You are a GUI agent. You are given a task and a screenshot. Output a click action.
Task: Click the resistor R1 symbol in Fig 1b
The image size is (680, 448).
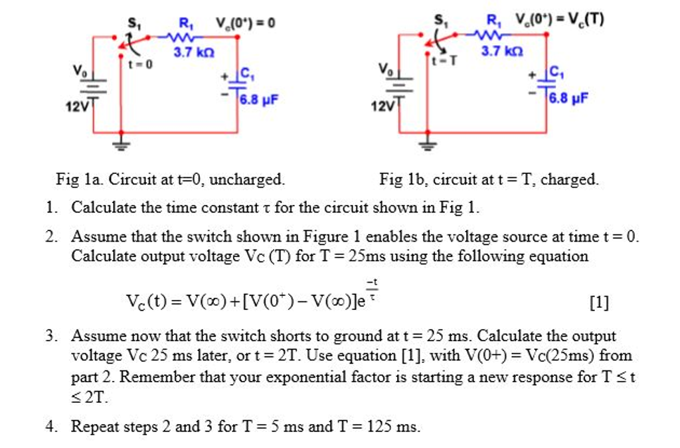(x=493, y=34)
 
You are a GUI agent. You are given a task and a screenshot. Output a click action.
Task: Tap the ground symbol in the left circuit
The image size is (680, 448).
(x=121, y=141)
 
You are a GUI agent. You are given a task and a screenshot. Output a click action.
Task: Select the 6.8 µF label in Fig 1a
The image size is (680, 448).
(x=259, y=100)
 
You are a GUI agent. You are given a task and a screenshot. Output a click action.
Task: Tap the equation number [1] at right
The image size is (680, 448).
(x=598, y=303)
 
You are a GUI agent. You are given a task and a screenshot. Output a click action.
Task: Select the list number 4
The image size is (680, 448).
(x=50, y=427)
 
